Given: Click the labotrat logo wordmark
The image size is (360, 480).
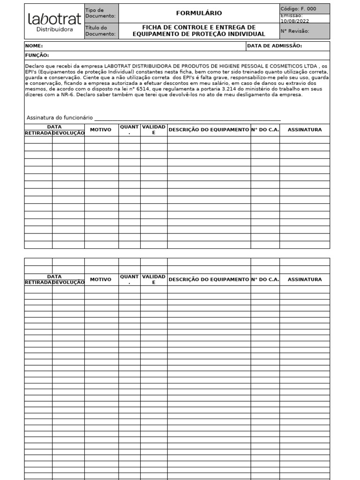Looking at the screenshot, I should (x=54, y=19).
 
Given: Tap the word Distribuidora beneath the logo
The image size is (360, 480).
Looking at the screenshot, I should (x=54, y=30).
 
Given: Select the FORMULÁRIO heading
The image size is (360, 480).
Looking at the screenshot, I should (x=199, y=13).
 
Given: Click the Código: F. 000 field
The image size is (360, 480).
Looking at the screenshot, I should (x=298, y=8).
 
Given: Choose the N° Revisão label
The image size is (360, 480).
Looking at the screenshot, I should (x=295, y=31).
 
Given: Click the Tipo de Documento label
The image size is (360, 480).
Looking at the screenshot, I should (x=100, y=13).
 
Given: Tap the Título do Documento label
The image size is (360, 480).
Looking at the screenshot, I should (x=100, y=31).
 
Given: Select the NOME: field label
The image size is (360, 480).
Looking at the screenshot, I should (x=34, y=46).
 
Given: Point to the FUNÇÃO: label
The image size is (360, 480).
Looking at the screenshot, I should (x=37, y=55).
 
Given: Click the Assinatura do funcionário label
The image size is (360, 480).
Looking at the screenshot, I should (x=60, y=118).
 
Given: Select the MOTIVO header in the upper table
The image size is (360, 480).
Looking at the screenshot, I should (x=101, y=130).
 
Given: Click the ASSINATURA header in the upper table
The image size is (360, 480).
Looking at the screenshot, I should (x=305, y=130).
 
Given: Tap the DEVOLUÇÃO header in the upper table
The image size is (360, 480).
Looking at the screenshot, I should (x=68, y=133).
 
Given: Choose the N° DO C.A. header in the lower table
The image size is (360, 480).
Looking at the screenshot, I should (x=265, y=279).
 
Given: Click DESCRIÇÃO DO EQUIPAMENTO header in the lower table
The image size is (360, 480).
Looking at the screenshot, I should (x=209, y=279).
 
